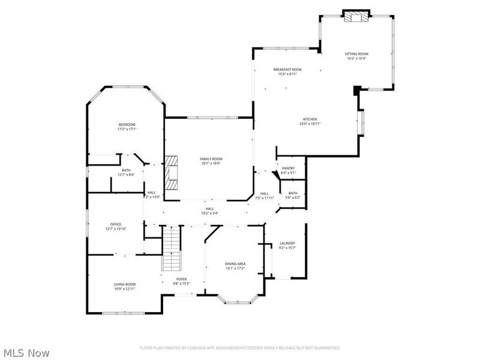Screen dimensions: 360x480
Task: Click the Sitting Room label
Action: click(356, 54)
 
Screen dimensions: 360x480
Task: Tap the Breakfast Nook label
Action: click(287, 70)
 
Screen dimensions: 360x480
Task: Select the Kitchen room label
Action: click(310, 119)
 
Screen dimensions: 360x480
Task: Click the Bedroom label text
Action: click(126, 124)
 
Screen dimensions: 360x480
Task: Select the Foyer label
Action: click(181, 279)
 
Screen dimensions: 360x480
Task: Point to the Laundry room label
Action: click(287, 243)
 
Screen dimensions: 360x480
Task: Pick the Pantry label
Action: click(288, 168)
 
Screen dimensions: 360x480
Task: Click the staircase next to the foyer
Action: click(172, 248)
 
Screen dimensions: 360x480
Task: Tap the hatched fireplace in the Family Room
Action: click(173, 172)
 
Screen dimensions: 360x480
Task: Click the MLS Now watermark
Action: click(26, 353)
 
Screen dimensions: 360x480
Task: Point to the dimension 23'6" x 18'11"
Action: click(310, 124)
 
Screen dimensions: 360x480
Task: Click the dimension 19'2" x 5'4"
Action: click(209, 213)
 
